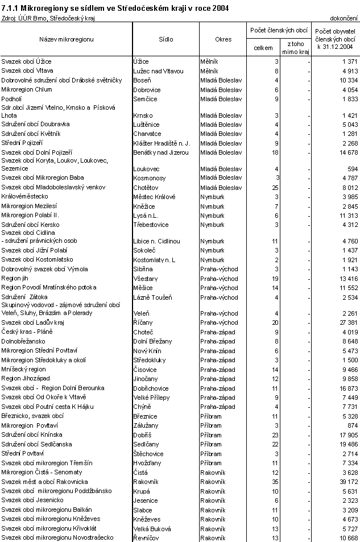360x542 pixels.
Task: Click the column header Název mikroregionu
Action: [66, 39]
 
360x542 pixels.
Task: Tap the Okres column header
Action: [224, 39]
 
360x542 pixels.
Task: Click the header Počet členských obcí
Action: [279, 30]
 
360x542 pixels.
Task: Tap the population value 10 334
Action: [344, 80]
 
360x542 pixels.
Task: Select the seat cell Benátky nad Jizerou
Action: [160, 152]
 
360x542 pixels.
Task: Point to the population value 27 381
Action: [344, 322]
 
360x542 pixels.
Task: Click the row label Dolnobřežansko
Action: [24, 341]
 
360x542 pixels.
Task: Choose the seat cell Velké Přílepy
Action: [151, 398]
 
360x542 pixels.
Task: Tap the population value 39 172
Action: [344, 481]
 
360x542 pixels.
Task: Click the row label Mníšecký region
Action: [24, 369]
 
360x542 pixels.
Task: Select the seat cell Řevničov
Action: [147, 537]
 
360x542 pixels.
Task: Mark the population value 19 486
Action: [344, 444]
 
